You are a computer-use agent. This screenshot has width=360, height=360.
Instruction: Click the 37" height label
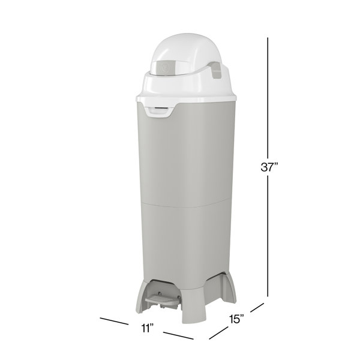point(269,167)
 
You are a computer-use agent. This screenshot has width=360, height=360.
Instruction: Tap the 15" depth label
point(236,319)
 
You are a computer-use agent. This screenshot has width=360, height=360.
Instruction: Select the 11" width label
point(148,328)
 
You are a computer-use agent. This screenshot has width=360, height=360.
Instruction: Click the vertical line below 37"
point(268,236)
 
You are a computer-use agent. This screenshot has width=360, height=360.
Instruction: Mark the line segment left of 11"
point(114,321)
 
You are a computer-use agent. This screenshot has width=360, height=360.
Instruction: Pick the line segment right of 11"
point(178,335)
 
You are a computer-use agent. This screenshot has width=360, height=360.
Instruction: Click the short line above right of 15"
point(257,308)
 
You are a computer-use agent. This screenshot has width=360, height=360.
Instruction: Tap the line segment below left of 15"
point(218,332)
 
